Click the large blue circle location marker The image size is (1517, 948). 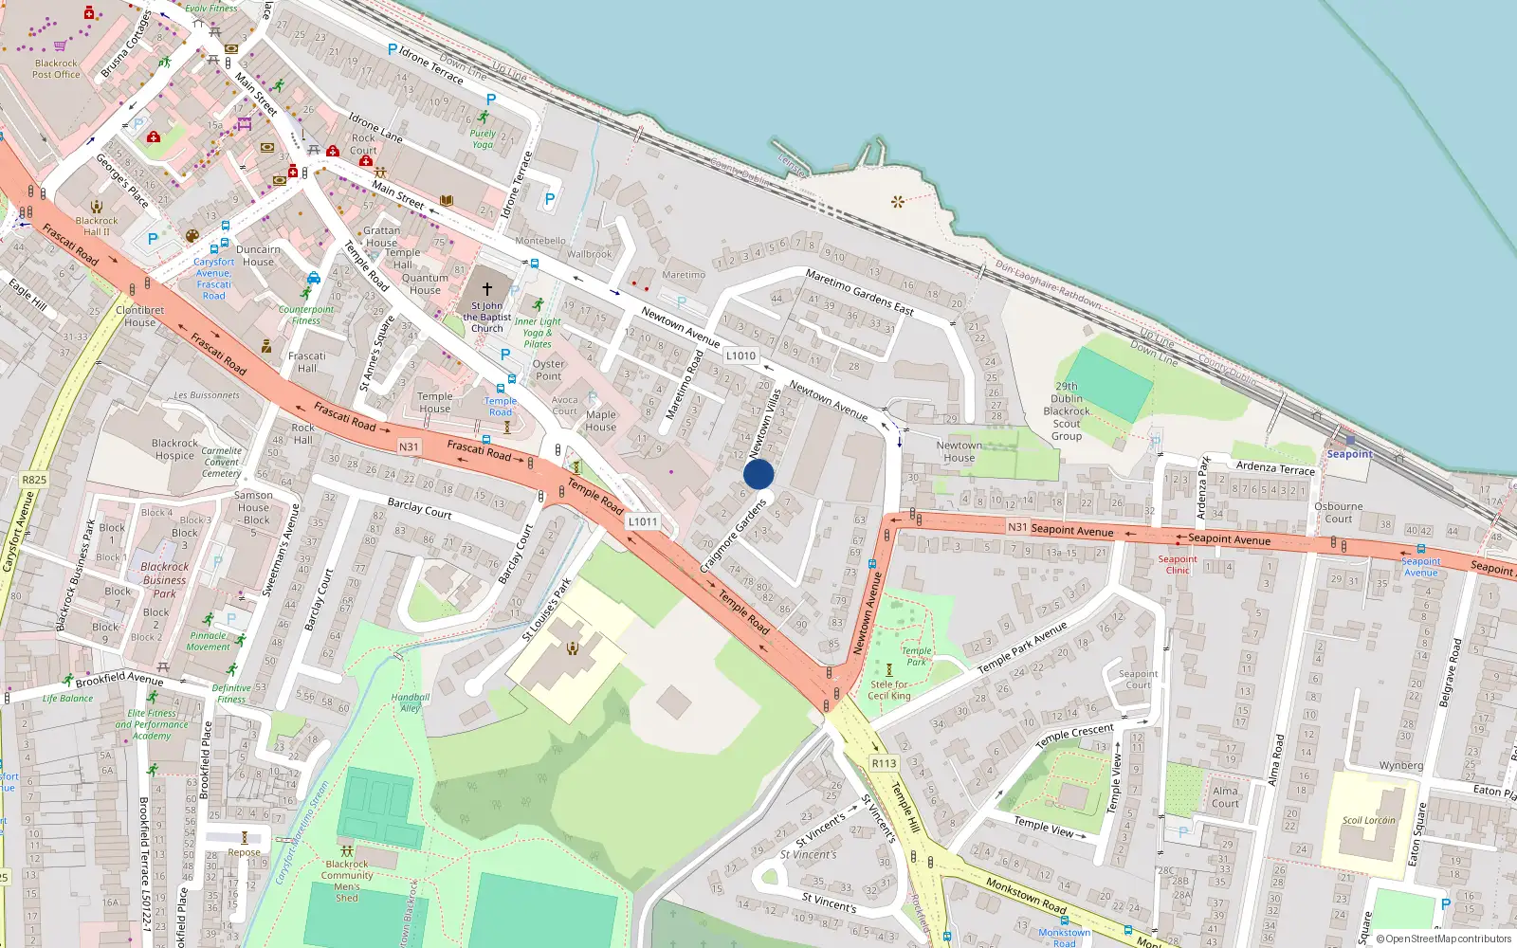click(x=758, y=474)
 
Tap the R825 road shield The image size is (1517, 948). click(x=34, y=480)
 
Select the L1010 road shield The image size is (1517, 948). click(x=740, y=356)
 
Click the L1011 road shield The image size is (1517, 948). click(x=642, y=521)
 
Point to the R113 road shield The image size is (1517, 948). click(x=884, y=763)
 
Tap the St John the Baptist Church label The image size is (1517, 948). click(x=487, y=317)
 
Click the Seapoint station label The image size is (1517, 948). click(x=1349, y=454)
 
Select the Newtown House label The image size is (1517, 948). click(x=959, y=451)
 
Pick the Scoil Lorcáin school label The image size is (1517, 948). click(x=1368, y=820)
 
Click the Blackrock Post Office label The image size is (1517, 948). click(x=56, y=69)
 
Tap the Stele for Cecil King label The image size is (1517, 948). click(x=889, y=689)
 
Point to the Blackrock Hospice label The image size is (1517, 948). click(x=174, y=449)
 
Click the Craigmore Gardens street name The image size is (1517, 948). click(x=733, y=536)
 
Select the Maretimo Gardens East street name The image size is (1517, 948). click(x=859, y=291)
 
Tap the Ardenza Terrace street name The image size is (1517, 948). click(x=1275, y=468)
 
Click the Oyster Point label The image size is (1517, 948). click(x=548, y=370)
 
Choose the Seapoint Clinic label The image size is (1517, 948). click(x=1178, y=564)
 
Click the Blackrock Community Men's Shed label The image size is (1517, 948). click(x=347, y=881)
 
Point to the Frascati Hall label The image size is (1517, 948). click(x=306, y=362)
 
